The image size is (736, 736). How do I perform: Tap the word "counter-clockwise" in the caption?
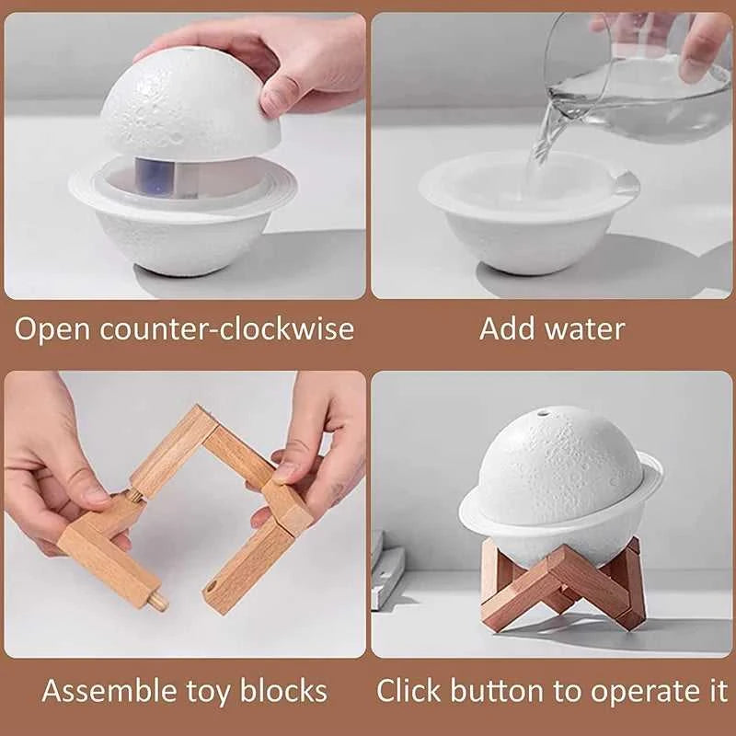click(x=229, y=328)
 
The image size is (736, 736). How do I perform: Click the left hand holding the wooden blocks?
click(x=55, y=460)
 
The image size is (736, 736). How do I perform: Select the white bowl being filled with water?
click(x=529, y=216)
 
